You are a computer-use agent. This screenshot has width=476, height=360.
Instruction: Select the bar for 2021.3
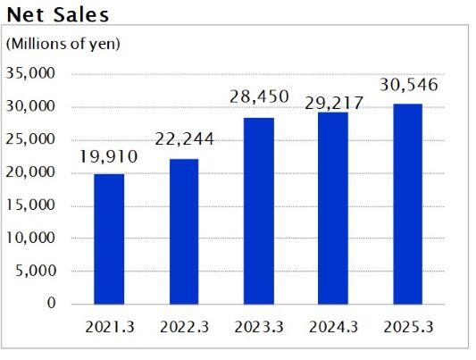click(109, 239)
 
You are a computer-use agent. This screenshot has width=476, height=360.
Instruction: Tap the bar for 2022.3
click(183, 231)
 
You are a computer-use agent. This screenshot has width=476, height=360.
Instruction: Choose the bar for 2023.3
click(258, 211)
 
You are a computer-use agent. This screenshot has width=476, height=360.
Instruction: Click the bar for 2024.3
click(332, 208)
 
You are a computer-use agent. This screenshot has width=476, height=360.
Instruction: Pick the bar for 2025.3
click(406, 204)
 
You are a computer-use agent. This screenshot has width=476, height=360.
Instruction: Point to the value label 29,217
click(332, 103)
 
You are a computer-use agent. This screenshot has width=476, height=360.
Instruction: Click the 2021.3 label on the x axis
click(109, 327)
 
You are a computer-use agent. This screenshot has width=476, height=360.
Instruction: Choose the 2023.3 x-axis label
click(258, 327)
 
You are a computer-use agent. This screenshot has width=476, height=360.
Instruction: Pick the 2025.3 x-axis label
click(406, 327)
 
